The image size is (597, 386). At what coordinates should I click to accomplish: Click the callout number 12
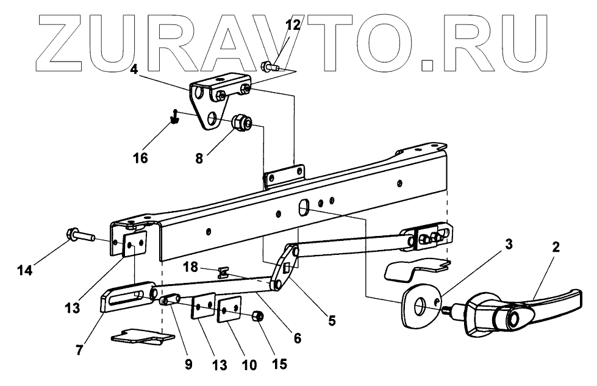point(292,25)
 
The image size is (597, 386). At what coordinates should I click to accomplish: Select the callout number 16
point(140,158)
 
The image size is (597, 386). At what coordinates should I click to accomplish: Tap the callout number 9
point(187,365)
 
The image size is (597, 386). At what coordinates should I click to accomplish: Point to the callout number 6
point(296,336)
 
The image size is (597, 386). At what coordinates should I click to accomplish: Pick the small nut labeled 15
point(257,316)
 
